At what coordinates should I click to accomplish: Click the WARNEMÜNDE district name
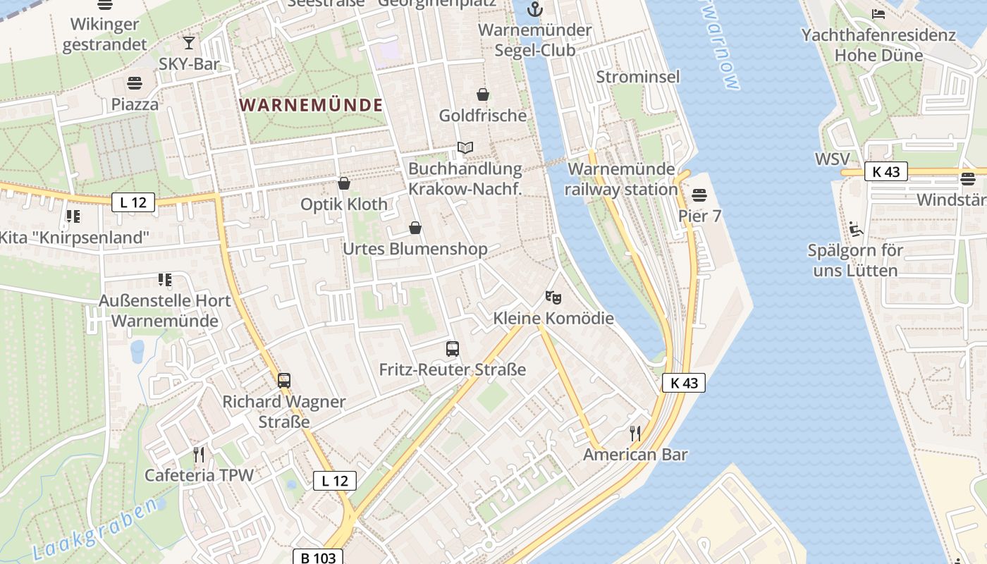pyautogui.click(x=311, y=106)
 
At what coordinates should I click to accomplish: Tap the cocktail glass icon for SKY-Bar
pyautogui.click(x=188, y=42)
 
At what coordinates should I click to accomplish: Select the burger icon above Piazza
pyautogui.click(x=135, y=82)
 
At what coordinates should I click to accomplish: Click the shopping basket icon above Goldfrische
pyautogui.click(x=483, y=94)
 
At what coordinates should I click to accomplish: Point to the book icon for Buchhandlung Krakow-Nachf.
pyautogui.click(x=465, y=147)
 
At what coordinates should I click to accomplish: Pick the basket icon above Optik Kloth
pyautogui.click(x=344, y=183)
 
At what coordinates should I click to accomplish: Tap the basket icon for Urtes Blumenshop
pyautogui.click(x=415, y=228)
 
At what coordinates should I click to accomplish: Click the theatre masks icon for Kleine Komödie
pyautogui.click(x=553, y=297)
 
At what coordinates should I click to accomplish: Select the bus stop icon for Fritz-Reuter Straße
pyautogui.click(x=453, y=348)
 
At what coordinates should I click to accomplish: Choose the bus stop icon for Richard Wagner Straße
pyautogui.click(x=283, y=381)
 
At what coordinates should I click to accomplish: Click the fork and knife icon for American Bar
pyautogui.click(x=635, y=433)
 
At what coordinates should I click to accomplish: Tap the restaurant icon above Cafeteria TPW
pyautogui.click(x=199, y=453)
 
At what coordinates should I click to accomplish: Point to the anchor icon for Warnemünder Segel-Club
pyautogui.click(x=535, y=9)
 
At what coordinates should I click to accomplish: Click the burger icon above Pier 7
pyautogui.click(x=699, y=194)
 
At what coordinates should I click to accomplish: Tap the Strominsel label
pyautogui.click(x=638, y=76)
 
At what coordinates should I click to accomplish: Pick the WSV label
pyautogui.click(x=832, y=159)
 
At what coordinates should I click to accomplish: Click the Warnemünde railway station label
pyautogui.click(x=621, y=179)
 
